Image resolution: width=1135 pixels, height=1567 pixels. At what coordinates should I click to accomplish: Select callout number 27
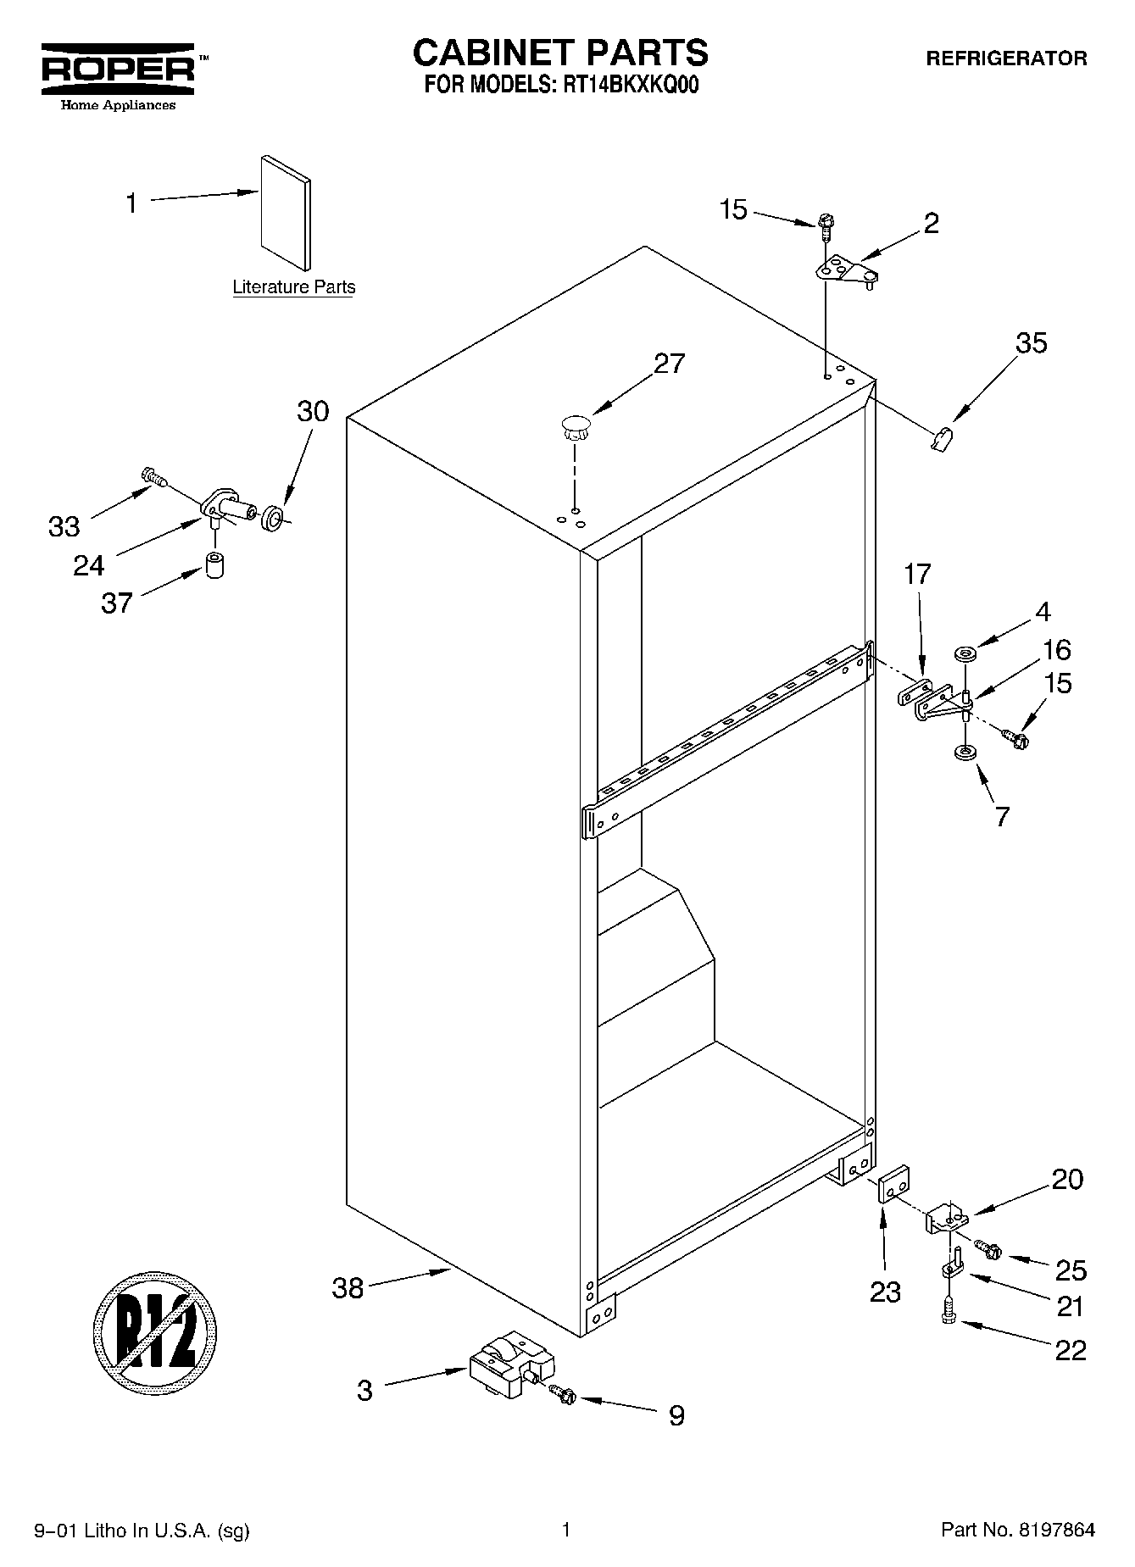[x=669, y=364]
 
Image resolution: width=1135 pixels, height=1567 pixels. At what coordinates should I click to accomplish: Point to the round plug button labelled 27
[x=576, y=426]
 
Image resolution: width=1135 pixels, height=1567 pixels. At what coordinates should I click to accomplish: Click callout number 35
[x=1031, y=343]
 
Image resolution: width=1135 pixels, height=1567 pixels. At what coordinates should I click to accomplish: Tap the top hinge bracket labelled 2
[x=845, y=272]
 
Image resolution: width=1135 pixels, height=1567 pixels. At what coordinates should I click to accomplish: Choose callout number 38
[x=348, y=1288]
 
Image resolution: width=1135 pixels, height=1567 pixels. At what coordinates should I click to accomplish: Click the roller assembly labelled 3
[x=511, y=1370]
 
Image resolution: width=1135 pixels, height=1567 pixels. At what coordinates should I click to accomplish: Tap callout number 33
[x=64, y=526]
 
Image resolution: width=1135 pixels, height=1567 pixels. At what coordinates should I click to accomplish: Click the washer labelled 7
[x=964, y=752]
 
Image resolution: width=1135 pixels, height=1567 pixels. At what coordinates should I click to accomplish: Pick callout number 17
[x=917, y=574]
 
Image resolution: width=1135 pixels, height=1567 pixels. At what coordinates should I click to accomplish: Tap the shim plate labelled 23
[x=893, y=1181]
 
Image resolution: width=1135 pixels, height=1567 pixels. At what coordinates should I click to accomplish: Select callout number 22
[x=1070, y=1349]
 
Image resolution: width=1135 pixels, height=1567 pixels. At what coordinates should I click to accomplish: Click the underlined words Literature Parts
[x=294, y=287]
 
